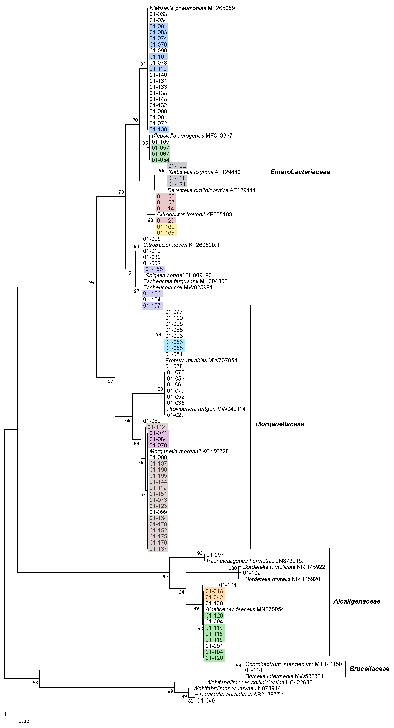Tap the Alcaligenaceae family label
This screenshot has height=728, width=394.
pos(357,601)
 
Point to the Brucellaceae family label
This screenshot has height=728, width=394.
pos(369,669)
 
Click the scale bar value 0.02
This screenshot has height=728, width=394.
pos(24,721)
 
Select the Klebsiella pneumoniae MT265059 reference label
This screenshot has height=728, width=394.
pos(192,8)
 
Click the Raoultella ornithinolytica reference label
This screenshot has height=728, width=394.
pos(214,190)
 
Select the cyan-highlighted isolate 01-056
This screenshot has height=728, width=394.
pos(174,342)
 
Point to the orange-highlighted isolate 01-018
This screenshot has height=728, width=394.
pos(214,591)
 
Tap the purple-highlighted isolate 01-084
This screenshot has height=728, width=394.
pos(158,439)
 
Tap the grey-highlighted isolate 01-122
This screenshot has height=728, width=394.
pos(177,166)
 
